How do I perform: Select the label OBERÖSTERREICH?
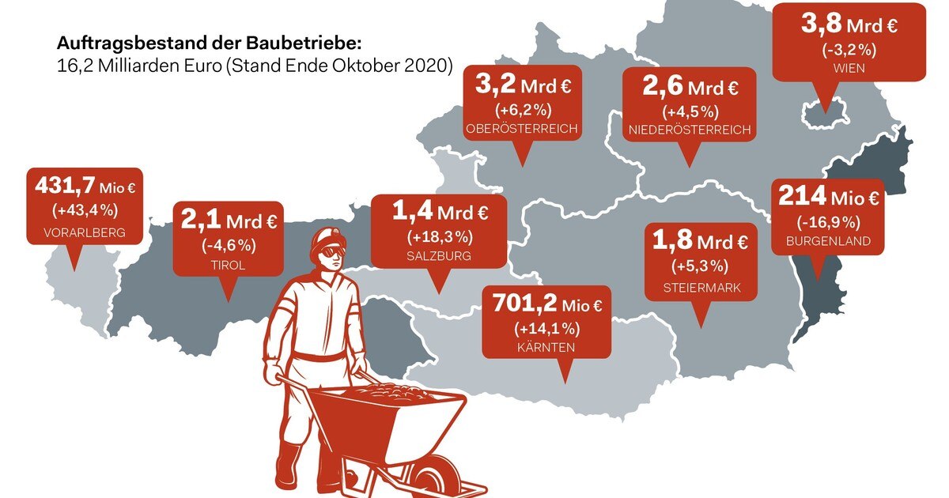(x=522, y=129)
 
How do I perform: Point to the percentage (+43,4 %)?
(x=85, y=210)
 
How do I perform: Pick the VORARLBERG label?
(x=85, y=233)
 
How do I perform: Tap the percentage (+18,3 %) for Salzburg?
(x=440, y=236)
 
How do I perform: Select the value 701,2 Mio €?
(x=546, y=304)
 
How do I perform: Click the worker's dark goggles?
(x=331, y=252)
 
